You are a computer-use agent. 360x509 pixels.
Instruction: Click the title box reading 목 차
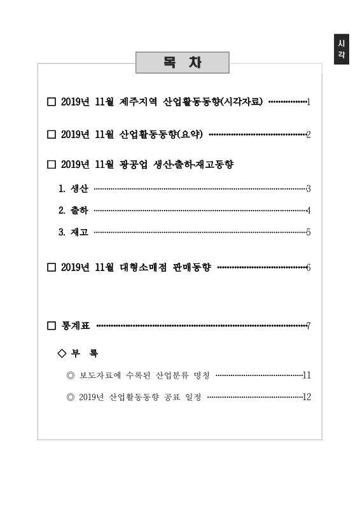(182, 64)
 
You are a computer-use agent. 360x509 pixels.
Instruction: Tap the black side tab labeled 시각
(342, 49)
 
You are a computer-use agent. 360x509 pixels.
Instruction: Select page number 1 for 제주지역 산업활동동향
(308, 102)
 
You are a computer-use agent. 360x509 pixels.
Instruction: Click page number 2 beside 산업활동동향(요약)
(308, 134)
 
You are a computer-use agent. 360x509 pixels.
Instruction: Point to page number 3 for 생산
(308, 188)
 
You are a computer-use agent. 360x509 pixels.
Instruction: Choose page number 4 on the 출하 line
(308, 210)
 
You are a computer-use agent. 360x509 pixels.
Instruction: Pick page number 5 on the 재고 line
(308, 232)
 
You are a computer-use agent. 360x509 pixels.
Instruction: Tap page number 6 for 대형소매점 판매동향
(308, 267)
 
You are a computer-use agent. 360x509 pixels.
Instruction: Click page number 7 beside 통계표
(308, 326)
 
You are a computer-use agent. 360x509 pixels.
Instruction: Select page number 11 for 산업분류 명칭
(307, 375)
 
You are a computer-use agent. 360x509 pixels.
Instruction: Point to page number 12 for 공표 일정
(307, 397)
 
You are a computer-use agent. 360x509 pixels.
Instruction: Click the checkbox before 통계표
(52, 326)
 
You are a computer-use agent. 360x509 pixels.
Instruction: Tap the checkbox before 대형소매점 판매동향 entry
(52, 267)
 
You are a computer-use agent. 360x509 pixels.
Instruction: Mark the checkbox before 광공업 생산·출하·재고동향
(52, 165)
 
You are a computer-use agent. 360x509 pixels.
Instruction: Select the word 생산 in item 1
(80, 188)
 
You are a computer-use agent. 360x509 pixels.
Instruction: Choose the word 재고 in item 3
(80, 232)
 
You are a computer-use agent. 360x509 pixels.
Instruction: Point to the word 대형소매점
(142, 267)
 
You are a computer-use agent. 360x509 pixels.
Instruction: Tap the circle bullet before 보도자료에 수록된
(71, 375)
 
